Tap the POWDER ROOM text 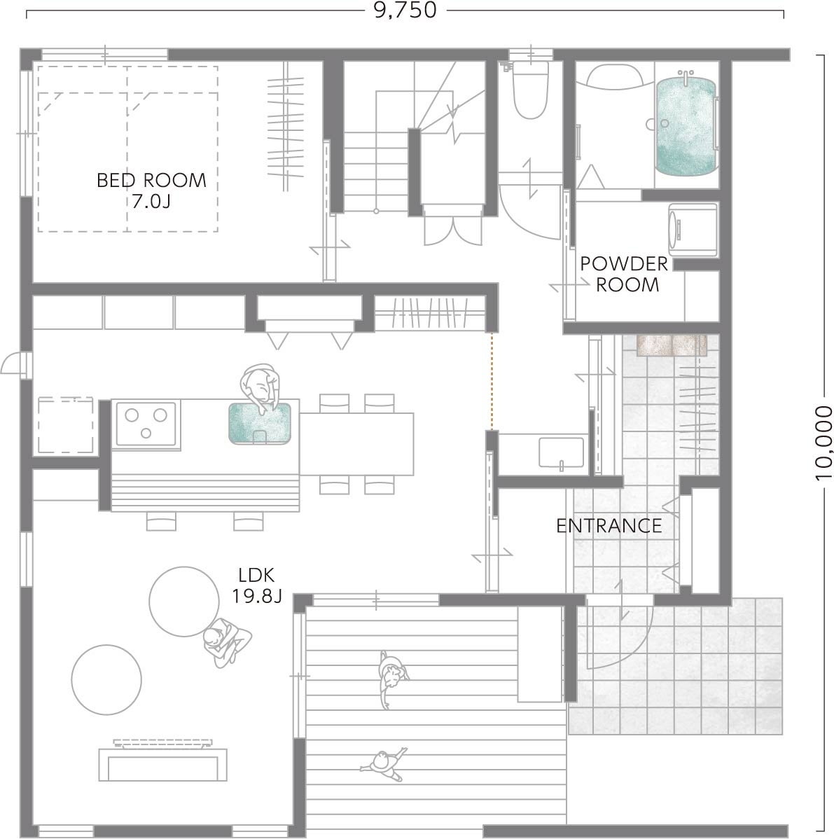[x=625, y=274]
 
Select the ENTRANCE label [x=609, y=526]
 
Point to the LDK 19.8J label [x=256, y=585]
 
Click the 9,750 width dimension [x=405, y=11]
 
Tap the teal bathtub [x=686, y=126]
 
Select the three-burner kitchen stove [x=146, y=423]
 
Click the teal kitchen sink [x=260, y=423]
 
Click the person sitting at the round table [x=227, y=642]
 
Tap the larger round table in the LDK [x=184, y=602]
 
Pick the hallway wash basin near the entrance [x=561, y=453]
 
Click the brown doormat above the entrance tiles [x=672, y=345]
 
